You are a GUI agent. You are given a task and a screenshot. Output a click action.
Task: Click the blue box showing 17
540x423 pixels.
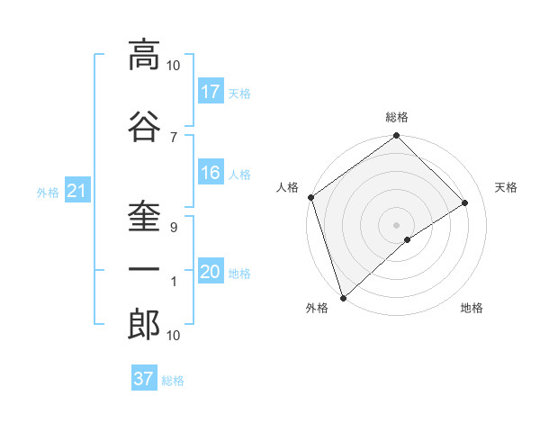point(211,91)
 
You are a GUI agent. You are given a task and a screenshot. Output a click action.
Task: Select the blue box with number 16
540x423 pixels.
point(211,173)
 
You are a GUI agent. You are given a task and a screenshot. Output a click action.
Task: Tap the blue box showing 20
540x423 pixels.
point(211,272)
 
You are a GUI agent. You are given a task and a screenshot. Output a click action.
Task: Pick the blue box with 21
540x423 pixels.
point(76,190)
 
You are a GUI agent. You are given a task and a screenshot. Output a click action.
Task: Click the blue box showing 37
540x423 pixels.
point(144,379)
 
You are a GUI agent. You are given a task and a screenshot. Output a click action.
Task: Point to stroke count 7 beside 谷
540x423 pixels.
point(173,137)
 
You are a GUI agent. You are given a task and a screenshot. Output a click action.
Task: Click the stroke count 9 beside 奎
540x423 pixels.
point(173,228)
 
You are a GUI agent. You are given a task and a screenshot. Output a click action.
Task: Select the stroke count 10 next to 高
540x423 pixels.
point(174,66)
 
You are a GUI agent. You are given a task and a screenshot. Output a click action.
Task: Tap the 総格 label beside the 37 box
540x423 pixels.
point(173,381)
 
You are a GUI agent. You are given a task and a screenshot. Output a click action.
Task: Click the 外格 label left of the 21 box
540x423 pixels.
point(48,192)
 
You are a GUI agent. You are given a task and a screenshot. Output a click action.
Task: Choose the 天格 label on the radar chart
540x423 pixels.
point(507,187)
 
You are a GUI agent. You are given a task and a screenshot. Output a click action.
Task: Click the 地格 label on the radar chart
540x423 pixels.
point(472,308)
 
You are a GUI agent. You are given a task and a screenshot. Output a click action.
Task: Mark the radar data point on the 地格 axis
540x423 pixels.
point(408,239)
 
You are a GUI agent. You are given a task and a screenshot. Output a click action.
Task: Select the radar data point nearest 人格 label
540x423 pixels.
point(310,197)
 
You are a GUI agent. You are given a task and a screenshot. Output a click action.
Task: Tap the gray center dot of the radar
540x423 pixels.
point(396,224)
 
